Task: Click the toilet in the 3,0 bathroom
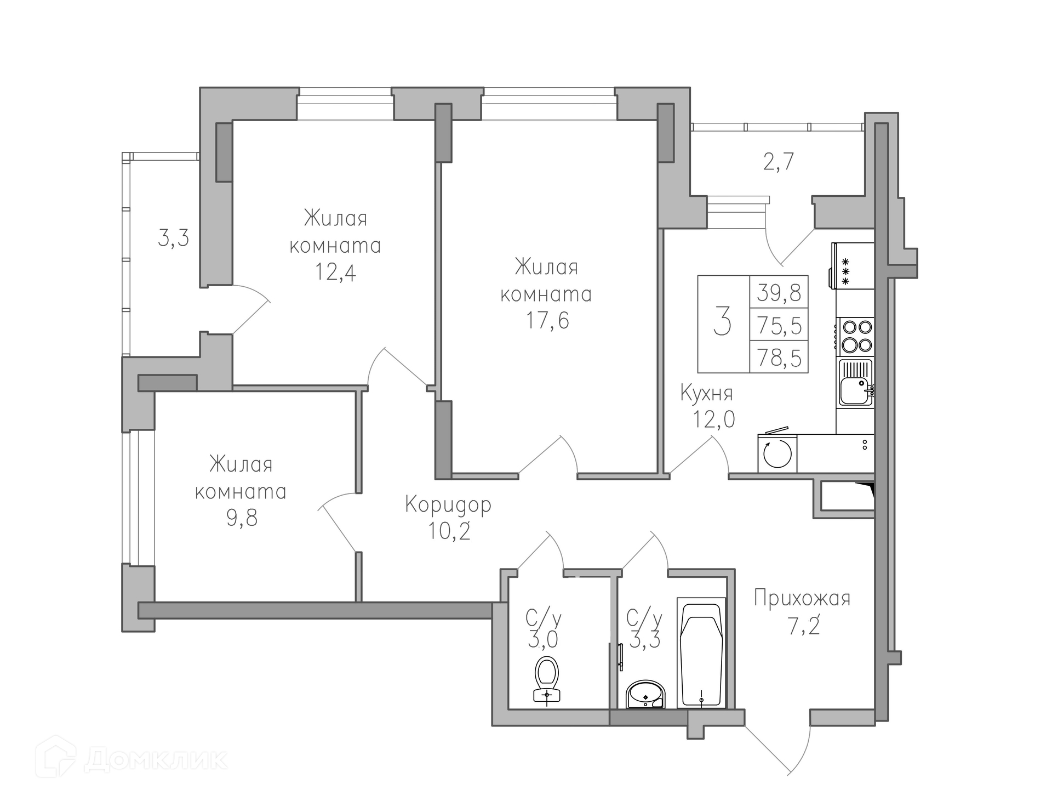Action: tap(547, 679)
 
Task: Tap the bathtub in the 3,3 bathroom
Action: tap(701, 652)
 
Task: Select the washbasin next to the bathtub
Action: tap(645, 695)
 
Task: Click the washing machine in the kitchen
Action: tap(777, 452)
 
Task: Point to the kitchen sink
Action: tap(855, 382)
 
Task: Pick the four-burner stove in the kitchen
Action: tap(855, 336)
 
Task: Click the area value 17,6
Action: tap(547, 320)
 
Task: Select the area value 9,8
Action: tap(242, 517)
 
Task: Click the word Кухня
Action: tap(706, 393)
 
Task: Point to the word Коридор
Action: tap(448, 505)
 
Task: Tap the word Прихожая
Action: tap(802, 598)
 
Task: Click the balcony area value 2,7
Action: tap(779, 162)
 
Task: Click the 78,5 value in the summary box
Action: tap(779, 359)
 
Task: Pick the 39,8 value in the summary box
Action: tap(779, 293)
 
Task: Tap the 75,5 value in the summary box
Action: tap(779, 326)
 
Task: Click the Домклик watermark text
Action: tap(156, 759)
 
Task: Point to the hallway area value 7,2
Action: tap(804, 626)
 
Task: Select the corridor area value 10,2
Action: tap(449, 531)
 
